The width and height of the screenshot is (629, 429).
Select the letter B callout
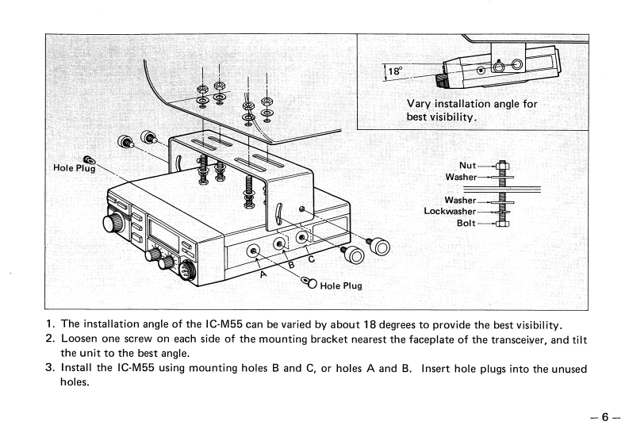click(x=290, y=265)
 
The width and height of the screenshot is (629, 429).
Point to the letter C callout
click(x=310, y=256)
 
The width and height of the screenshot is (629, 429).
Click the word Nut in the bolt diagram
click(x=467, y=166)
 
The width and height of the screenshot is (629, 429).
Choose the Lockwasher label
click(x=450, y=212)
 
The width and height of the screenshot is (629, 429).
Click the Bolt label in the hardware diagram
click(x=466, y=223)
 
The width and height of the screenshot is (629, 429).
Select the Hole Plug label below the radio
click(x=341, y=285)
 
